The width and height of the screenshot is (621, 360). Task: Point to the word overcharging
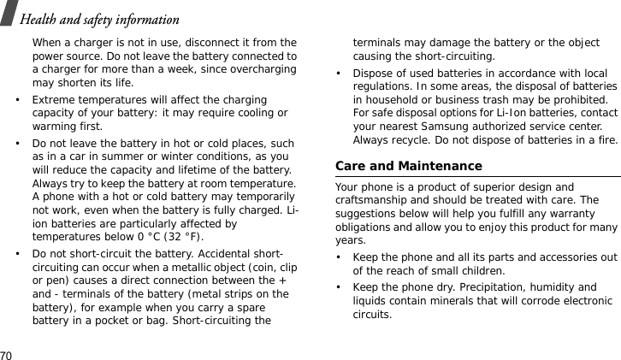(263, 70)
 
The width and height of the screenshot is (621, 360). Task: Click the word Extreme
(52, 100)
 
